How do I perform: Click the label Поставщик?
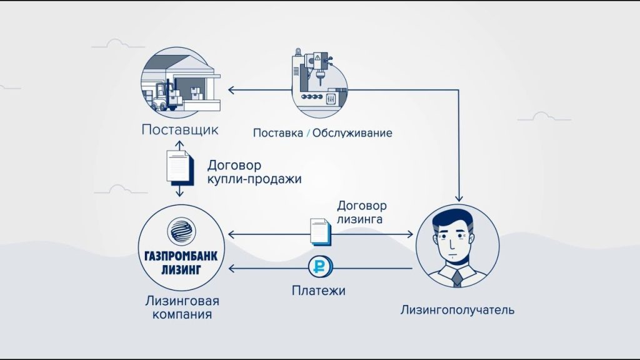point(179,131)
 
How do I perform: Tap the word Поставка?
point(276,132)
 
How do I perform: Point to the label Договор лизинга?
point(362,212)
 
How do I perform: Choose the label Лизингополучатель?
point(458,309)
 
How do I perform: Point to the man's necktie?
point(458,277)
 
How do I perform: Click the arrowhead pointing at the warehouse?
point(231,91)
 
